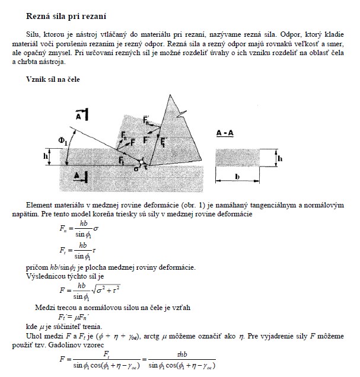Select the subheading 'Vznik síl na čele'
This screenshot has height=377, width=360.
click(x=53, y=78)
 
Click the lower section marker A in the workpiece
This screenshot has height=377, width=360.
click(x=80, y=175)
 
